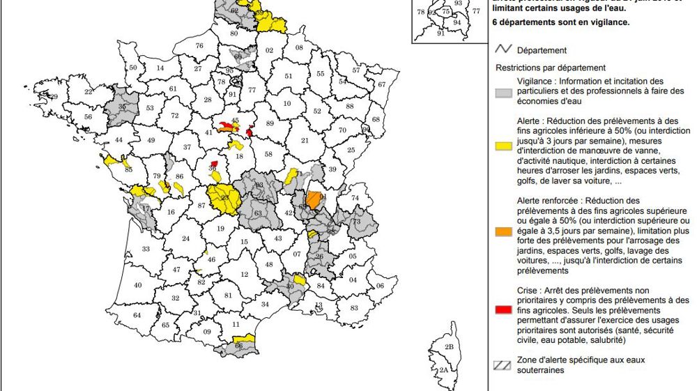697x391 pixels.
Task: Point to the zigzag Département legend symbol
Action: click(504, 50)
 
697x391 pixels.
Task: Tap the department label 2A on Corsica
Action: click(443, 370)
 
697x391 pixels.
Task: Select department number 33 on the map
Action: click(146, 249)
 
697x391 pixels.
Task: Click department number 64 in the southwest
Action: click(137, 316)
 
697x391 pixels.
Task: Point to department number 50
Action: click(133, 68)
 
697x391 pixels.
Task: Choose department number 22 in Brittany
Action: click(89, 92)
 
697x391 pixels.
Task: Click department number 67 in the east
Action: click(381, 84)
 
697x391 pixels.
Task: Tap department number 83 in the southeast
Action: click(353, 308)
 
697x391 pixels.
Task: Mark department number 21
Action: click(304, 141)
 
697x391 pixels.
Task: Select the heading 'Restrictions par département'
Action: click(550, 68)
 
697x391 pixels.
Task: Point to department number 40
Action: click(137, 285)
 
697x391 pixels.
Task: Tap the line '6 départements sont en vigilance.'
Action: click(561, 22)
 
